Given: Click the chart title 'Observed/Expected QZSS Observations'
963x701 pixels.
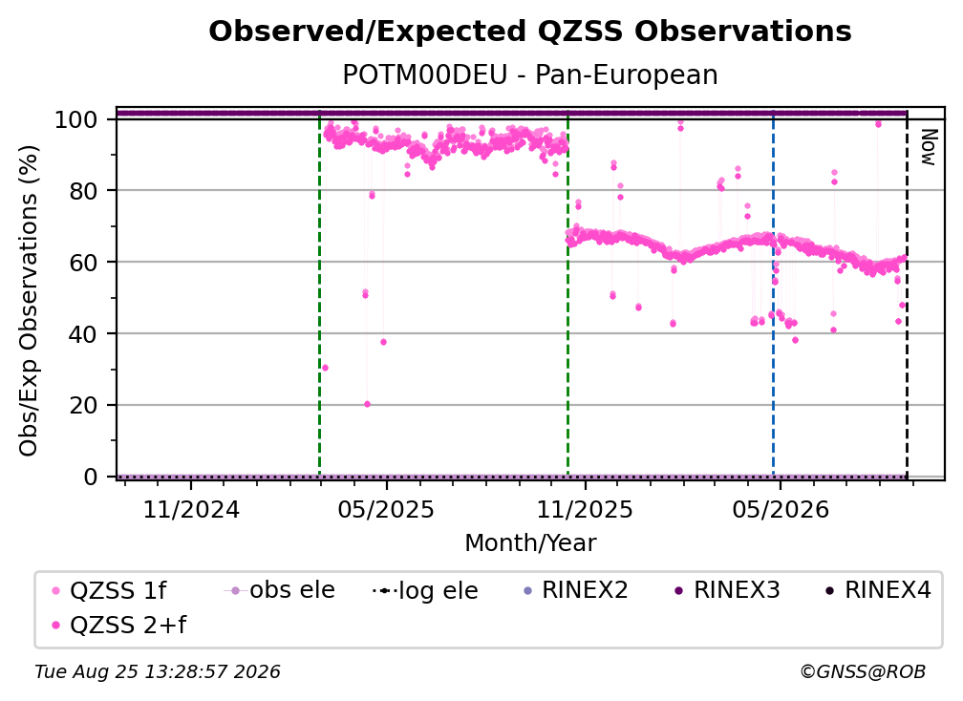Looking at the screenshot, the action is [x=530, y=32].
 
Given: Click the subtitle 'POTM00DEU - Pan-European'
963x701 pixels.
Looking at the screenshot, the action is [x=530, y=74].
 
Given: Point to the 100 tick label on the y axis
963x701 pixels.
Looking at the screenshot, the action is [x=76, y=119].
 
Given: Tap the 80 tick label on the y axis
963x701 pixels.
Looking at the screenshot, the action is [x=83, y=191].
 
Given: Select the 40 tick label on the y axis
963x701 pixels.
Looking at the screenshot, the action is [x=83, y=334].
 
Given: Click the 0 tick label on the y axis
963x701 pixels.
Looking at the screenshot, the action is [x=91, y=477].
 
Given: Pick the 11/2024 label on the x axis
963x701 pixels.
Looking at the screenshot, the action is [x=191, y=509].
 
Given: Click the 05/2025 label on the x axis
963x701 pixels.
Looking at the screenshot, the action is [x=386, y=509].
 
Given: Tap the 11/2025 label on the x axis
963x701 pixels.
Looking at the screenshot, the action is [x=585, y=509].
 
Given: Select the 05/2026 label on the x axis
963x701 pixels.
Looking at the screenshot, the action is [x=780, y=509].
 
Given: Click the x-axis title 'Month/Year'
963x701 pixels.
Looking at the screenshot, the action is [x=530, y=543].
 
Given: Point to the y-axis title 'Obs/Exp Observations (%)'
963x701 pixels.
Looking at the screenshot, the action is [x=29, y=301].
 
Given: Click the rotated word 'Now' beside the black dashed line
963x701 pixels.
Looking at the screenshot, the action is [x=928, y=147].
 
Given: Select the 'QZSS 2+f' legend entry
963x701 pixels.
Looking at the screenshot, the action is [x=118, y=625].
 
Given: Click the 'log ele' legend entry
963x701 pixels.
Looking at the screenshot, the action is [x=425, y=590].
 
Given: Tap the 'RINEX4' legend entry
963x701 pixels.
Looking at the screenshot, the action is [x=878, y=590].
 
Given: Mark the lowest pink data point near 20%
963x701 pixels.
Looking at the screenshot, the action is [x=367, y=404].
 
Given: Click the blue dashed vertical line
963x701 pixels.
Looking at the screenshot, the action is [x=773, y=293].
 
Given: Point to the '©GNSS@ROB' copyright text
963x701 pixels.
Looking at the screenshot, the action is [x=863, y=671].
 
